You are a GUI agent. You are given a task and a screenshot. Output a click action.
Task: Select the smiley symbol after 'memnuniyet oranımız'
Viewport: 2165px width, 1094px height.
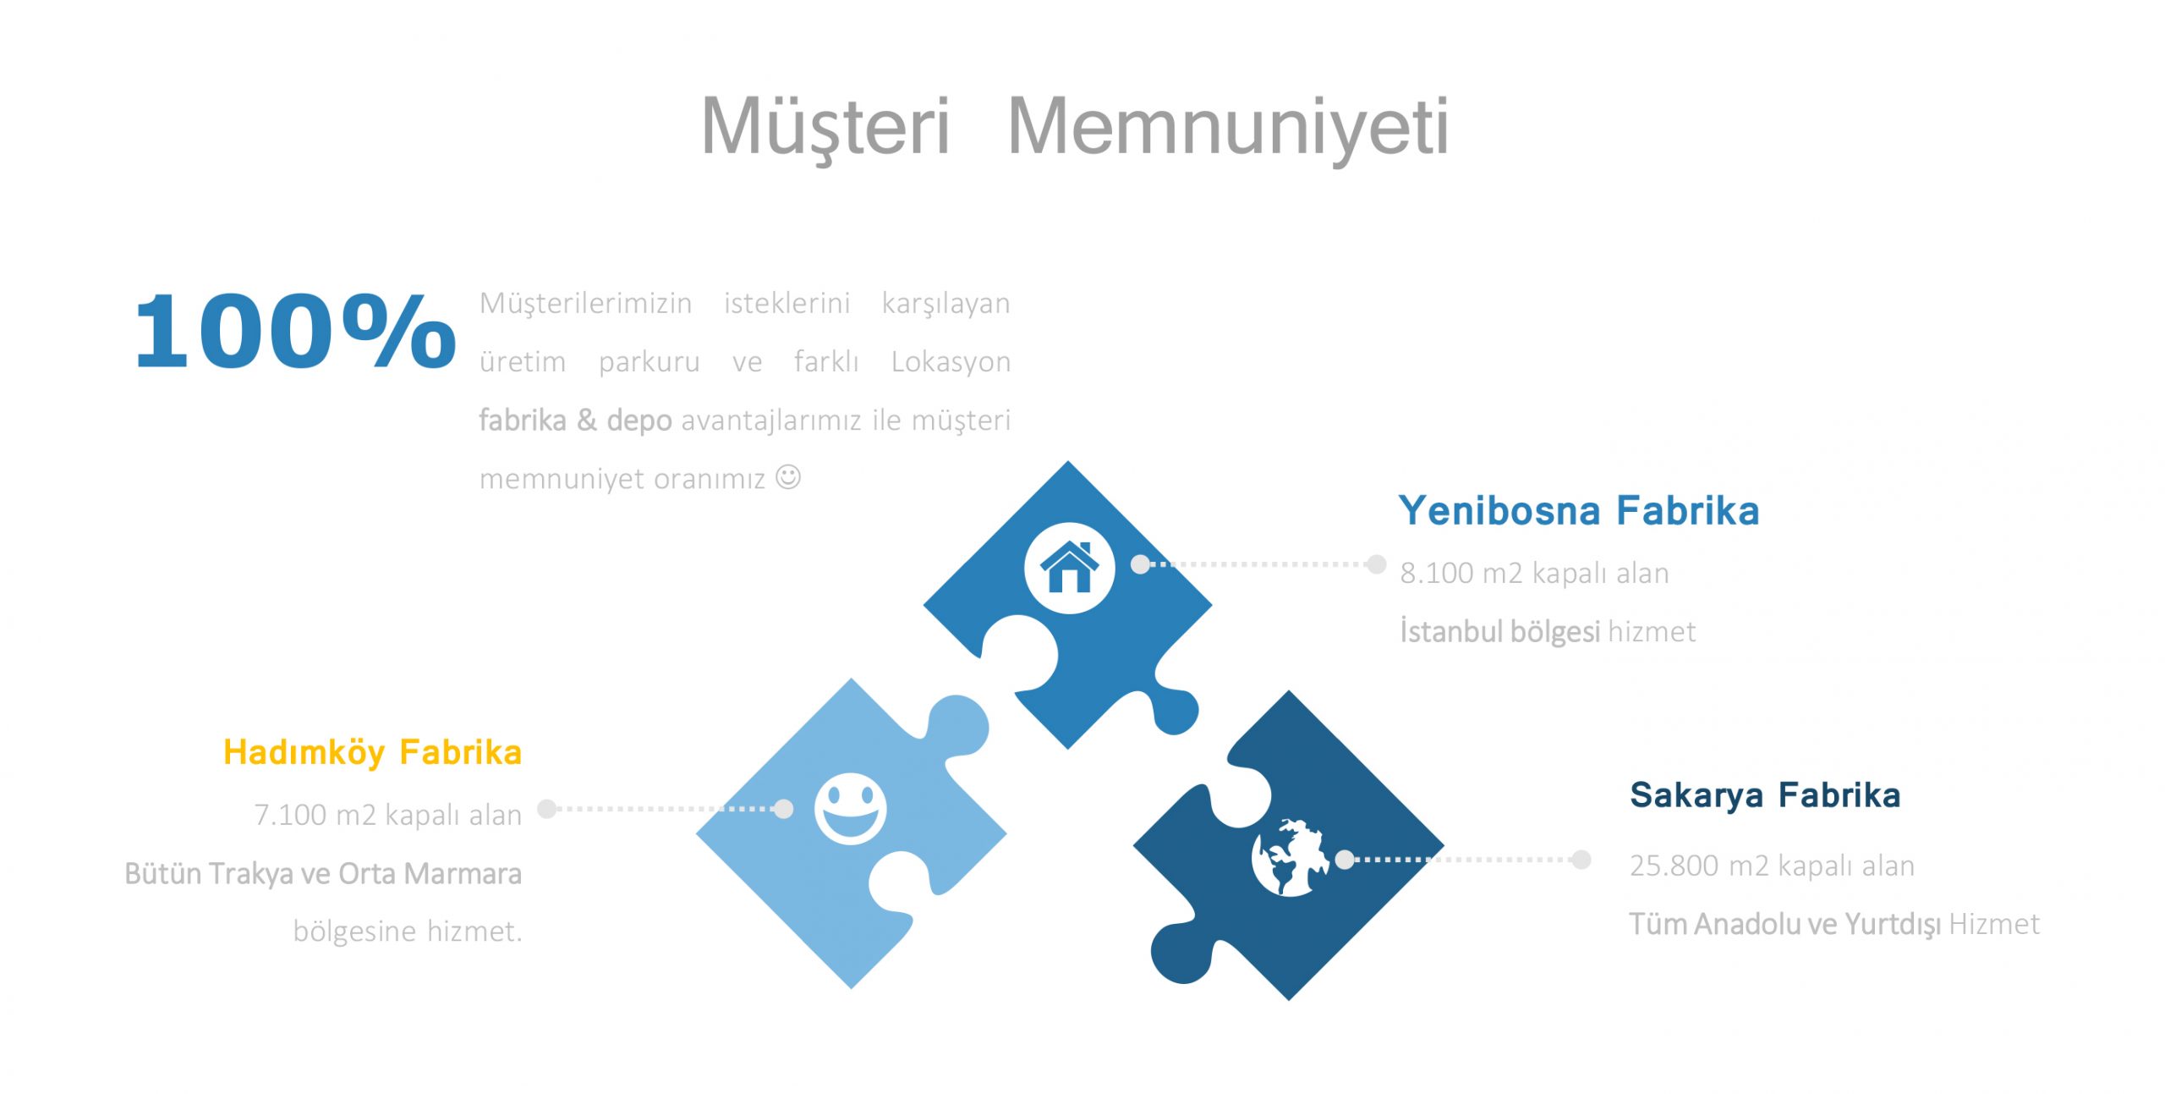tap(788, 477)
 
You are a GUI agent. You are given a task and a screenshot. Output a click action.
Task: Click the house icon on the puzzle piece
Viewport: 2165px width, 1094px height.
tap(1069, 567)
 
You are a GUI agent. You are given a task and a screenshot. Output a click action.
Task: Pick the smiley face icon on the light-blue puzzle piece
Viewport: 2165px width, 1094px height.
tap(850, 809)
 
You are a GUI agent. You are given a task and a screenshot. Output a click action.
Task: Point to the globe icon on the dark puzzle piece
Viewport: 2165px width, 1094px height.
tap(1290, 856)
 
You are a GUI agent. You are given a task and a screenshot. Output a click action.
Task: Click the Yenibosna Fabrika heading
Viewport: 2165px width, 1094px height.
tap(1579, 511)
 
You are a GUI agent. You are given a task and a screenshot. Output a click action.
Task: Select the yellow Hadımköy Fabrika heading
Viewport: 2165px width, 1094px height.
tap(372, 753)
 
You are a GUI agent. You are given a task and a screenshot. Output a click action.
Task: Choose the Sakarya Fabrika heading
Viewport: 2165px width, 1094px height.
tap(1765, 795)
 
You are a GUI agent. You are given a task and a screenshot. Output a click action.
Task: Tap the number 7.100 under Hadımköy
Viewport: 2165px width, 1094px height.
tap(290, 815)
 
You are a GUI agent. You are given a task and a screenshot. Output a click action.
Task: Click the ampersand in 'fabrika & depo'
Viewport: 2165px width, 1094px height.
tap(587, 420)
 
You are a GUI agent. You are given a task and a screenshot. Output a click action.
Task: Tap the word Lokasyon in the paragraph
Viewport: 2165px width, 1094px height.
tap(951, 362)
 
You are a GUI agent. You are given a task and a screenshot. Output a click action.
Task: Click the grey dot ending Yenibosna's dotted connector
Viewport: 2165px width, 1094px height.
tap(1377, 563)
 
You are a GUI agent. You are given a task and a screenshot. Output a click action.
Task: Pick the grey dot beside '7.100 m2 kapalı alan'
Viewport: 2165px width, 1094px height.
tap(547, 809)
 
